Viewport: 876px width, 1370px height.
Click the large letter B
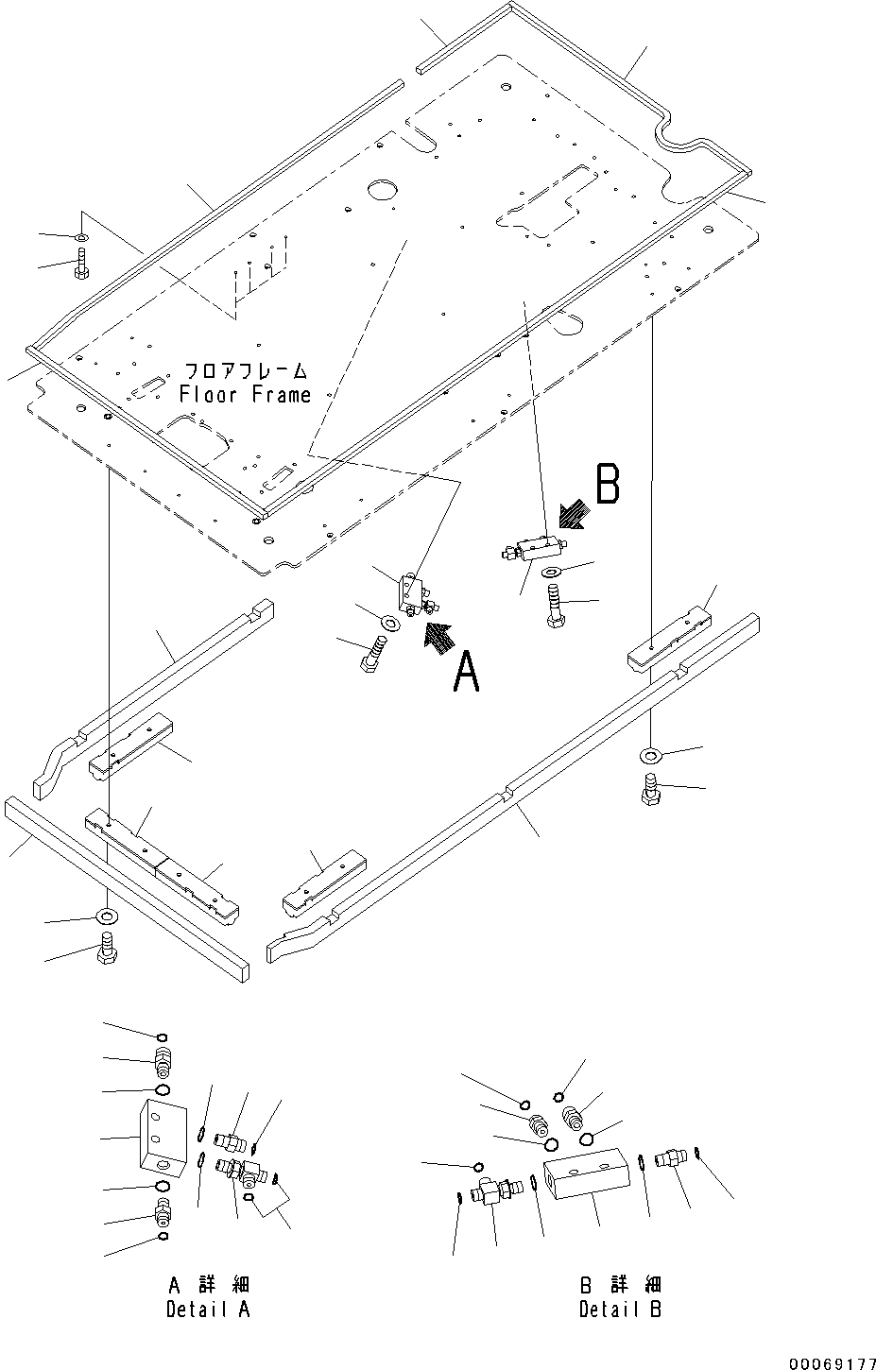[607, 485]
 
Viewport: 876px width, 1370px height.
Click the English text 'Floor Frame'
[245, 395]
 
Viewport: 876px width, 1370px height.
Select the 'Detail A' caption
[209, 1310]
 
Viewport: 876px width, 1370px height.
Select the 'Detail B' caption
[620, 1310]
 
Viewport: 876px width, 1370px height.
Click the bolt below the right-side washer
[650, 789]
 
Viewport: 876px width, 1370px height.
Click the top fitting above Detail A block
[163, 1063]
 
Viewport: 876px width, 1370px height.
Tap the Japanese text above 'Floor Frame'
[245, 370]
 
